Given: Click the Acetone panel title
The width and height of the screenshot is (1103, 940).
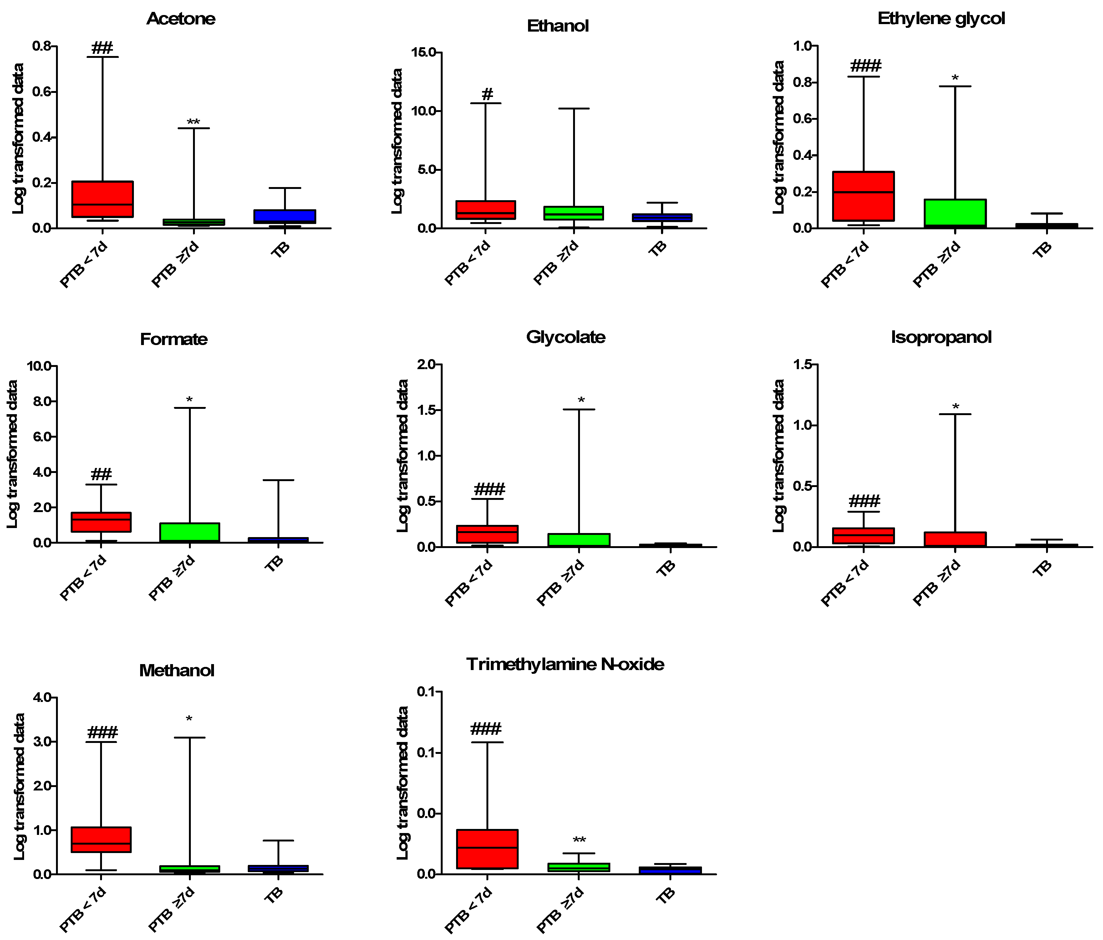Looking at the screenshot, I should pos(181,19).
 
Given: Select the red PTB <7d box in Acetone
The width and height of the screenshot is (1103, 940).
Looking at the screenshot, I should pos(102,199).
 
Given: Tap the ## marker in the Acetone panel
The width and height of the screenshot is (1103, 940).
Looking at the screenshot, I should pos(102,48).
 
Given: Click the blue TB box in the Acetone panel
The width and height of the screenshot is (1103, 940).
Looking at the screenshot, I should pos(285,216).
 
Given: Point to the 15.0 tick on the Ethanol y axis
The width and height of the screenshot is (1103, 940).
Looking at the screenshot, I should pos(423,52).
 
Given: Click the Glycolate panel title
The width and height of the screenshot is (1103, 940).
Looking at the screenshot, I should pos(565,337).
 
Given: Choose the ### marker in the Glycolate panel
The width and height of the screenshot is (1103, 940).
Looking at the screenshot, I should pos(489,489).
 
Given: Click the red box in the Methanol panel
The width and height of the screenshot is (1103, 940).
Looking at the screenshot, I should pos(101,839).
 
